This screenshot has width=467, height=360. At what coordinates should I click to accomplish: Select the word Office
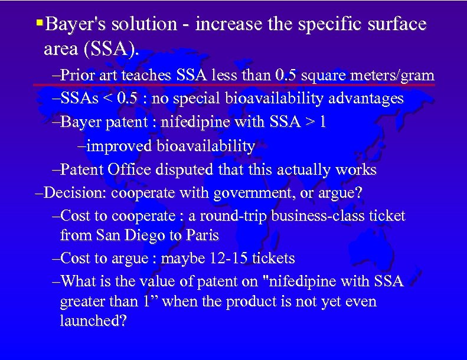point(130,170)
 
